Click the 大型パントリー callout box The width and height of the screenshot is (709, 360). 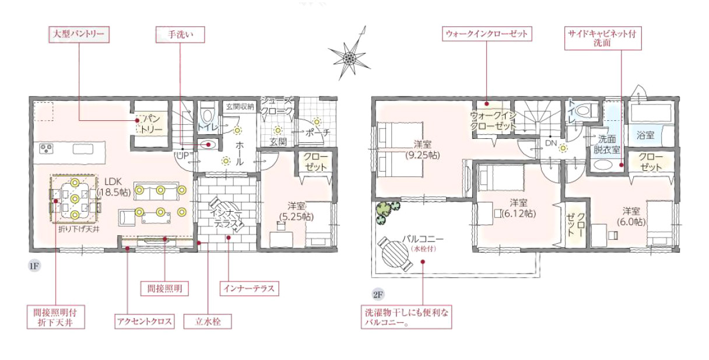[x=79, y=34]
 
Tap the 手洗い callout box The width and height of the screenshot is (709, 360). [x=180, y=34]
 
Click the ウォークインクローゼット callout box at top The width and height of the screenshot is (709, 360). [x=487, y=34]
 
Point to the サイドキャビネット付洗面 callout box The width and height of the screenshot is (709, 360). [x=603, y=39]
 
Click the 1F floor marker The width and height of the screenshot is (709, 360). [x=34, y=265]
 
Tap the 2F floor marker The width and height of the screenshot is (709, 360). [x=378, y=295]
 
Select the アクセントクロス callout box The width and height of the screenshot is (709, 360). [x=145, y=321]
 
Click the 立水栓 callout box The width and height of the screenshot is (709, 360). [x=208, y=321]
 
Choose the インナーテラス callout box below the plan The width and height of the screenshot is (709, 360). [x=250, y=288]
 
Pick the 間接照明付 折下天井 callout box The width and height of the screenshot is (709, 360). [x=56, y=317]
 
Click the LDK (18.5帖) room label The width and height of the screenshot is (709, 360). [x=114, y=187]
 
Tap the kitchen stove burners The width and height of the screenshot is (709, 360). [x=46, y=149]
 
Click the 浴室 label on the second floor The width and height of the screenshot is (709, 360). [x=645, y=135]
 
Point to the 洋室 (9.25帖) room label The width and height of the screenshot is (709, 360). [x=423, y=150]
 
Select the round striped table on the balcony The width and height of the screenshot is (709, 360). [x=395, y=253]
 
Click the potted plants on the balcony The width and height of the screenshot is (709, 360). [x=387, y=211]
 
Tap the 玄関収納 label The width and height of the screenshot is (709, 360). [x=240, y=107]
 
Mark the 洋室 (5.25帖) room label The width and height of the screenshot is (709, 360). [x=296, y=211]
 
